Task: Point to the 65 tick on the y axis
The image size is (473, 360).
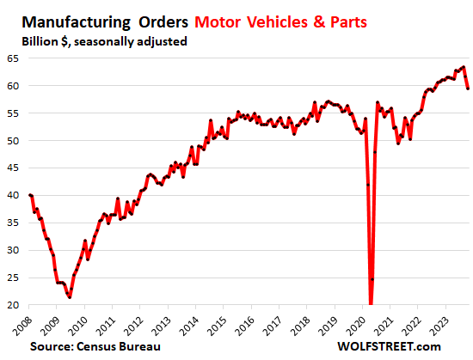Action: click(14, 58)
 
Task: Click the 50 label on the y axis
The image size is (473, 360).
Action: click(14, 140)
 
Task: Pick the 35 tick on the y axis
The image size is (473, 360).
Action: click(14, 223)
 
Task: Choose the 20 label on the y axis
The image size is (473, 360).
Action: click(14, 305)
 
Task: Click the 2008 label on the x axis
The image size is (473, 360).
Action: click(25, 325)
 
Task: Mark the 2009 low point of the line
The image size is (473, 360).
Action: click(70, 296)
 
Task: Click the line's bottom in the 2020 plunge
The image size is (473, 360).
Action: click(371, 302)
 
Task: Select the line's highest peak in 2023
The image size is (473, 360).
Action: click(464, 67)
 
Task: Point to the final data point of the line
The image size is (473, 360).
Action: click(468, 88)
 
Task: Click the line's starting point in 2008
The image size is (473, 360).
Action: click(31, 195)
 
